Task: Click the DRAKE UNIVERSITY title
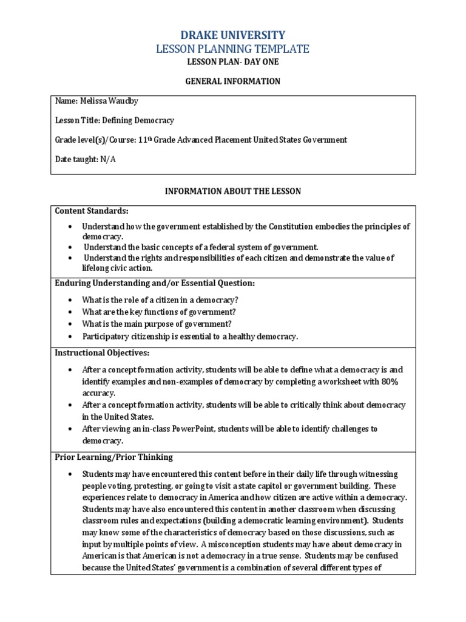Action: (x=233, y=35)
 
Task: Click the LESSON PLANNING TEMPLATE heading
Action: (x=233, y=49)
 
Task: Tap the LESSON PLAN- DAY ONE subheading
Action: (x=233, y=63)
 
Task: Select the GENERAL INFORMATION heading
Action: (x=233, y=81)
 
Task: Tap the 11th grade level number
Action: (x=143, y=140)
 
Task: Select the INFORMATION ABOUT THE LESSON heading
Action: (x=233, y=191)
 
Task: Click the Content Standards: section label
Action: (x=92, y=211)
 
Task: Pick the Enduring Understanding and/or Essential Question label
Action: (x=155, y=283)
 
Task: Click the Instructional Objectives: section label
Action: (x=102, y=353)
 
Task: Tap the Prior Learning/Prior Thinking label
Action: (x=114, y=457)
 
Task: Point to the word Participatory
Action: (x=107, y=336)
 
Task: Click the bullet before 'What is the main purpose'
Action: (x=70, y=324)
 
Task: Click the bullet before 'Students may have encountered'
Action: (x=70, y=474)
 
